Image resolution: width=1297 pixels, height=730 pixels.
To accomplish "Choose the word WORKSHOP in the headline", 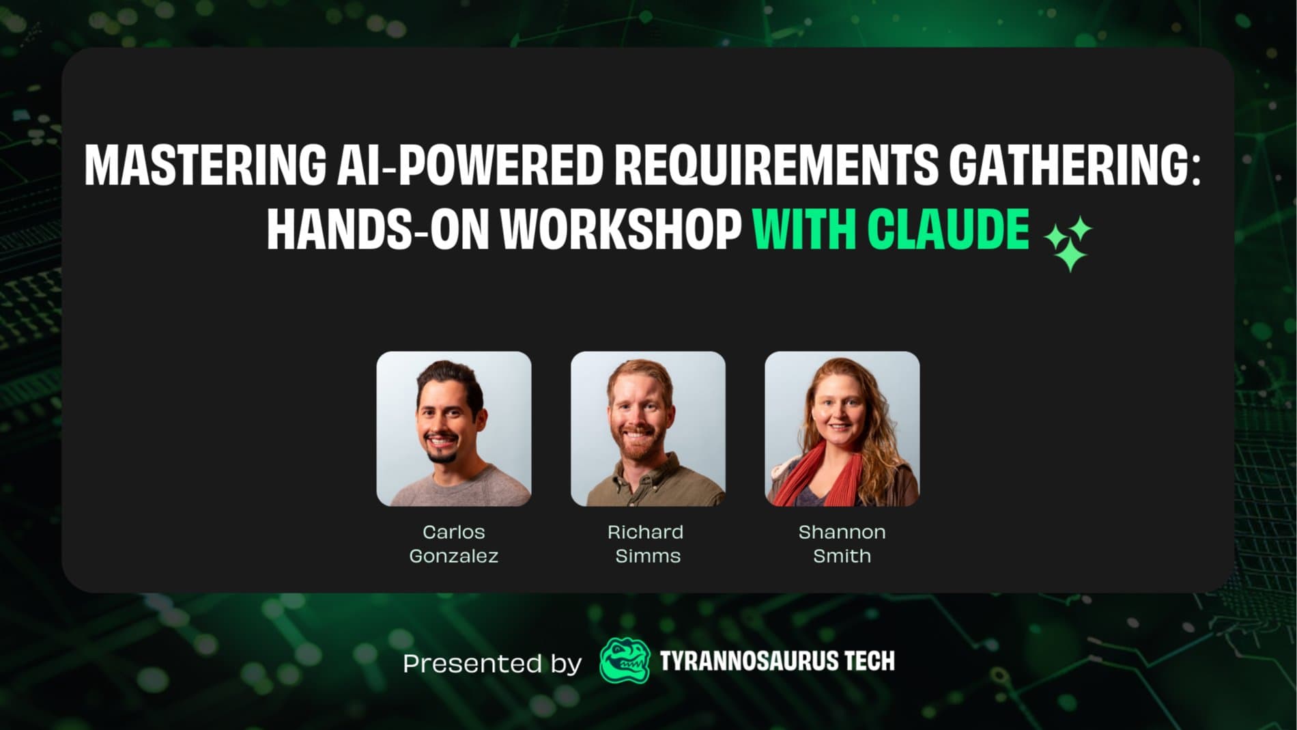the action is pyautogui.click(x=621, y=229).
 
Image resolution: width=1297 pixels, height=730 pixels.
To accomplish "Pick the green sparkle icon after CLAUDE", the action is pyautogui.click(x=1068, y=244).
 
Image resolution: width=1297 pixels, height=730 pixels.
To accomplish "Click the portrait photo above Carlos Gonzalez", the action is pyautogui.click(x=454, y=429).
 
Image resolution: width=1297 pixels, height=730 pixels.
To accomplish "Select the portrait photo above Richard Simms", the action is pyautogui.click(x=648, y=429).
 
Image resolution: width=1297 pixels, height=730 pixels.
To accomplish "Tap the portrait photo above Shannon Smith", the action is pyautogui.click(x=842, y=429).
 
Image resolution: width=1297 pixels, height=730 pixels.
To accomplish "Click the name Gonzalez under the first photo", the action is pyautogui.click(x=454, y=556).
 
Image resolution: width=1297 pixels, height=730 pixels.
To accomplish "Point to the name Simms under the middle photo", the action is pyautogui.click(x=648, y=556).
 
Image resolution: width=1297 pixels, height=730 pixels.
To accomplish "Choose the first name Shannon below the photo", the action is pyautogui.click(x=842, y=532).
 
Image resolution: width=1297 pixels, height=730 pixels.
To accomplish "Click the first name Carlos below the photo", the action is pyautogui.click(x=454, y=532).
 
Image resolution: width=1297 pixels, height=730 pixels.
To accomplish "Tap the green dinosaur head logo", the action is pyautogui.click(x=625, y=660).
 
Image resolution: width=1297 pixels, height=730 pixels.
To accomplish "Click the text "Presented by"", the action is pyautogui.click(x=492, y=663).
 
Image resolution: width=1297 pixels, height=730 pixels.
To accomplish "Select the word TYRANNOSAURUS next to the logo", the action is pyautogui.click(x=748, y=661).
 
